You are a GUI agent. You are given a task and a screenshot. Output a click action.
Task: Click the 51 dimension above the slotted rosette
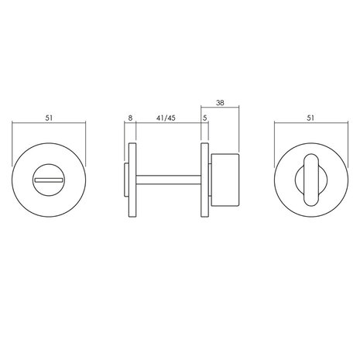click(x=50, y=118)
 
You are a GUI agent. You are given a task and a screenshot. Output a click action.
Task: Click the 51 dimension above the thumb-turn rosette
click(x=310, y=118)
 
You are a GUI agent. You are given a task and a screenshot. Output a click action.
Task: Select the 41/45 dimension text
click(x=166, y=118)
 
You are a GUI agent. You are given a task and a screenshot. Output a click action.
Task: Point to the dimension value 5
click(x=205, y=118)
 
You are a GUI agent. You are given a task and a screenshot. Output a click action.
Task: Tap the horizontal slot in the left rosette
click(x=49, y=180)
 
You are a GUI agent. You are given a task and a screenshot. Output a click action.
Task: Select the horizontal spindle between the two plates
click(x=170, y=180)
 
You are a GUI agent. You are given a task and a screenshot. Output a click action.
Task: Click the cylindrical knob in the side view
click(x=226, y=180)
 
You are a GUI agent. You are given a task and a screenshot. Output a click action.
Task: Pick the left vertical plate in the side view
click(x=134, y=180)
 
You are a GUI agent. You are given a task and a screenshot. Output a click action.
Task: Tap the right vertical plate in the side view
click(x=205, y=180)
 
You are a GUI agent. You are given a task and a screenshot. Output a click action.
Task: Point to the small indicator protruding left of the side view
click(x=127, y=180)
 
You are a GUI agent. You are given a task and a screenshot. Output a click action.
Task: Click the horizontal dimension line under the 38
click(x=222, y=108)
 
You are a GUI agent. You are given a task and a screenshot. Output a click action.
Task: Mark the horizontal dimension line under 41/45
click(x=166, y=126)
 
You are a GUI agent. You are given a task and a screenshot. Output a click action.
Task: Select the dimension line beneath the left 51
click(x=50, y=126)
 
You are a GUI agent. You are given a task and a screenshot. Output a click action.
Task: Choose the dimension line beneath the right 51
click(x=310, y=126)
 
